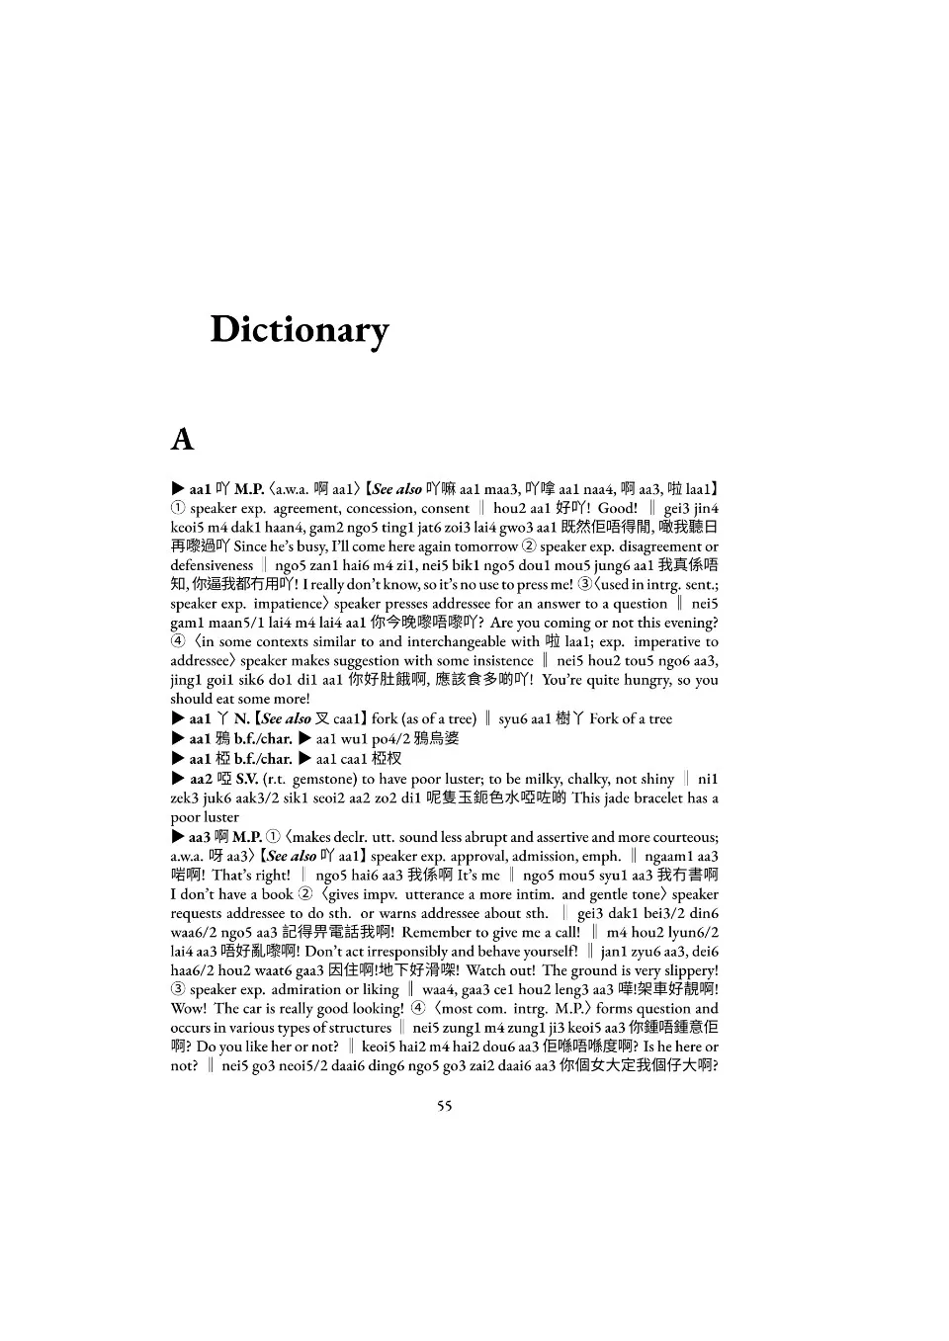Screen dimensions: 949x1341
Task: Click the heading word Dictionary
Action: (x=300, y=330)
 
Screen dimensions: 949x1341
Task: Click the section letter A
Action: (x=182, y=439)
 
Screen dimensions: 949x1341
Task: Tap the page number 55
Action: (x=445, y=1105)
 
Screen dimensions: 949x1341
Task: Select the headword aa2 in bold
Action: (x=201, y=779)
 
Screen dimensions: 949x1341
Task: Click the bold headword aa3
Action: (x=200, y=837)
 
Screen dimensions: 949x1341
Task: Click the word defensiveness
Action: (x=212, y=566)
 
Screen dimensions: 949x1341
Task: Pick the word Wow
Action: (x=188, y=1009)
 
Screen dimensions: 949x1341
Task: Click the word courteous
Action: (x=683, y=837)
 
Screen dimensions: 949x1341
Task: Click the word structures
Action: (x=360, y=1028)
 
